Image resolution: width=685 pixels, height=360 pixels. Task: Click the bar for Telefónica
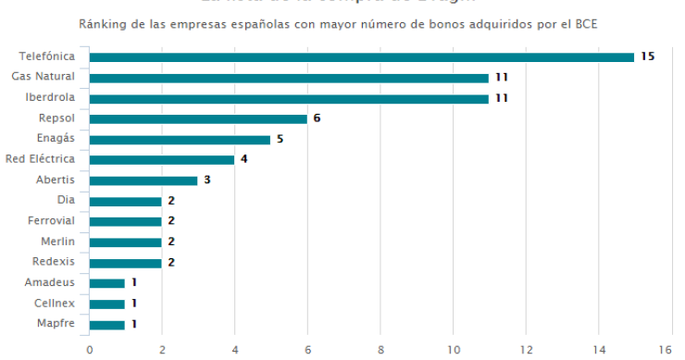pos(361,57)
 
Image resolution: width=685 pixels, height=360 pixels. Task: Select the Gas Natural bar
pos(289,78)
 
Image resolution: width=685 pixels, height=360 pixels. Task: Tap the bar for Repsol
pos(198,118)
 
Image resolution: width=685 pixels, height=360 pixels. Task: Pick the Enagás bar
pos(180,140)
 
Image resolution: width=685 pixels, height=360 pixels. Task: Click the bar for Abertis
pos(143,180)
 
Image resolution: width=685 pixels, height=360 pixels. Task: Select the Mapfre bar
pos(107,325)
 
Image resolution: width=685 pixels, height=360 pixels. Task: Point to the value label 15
pos(647,57)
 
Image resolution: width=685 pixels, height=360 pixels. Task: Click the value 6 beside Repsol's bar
pos(317,118)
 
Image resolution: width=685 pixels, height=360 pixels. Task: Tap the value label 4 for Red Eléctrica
pos(243,159)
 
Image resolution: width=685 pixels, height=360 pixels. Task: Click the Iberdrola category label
pos(56,97)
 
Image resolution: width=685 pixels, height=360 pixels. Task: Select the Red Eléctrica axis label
pos(42,158)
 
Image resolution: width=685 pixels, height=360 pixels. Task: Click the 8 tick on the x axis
pos(380,350)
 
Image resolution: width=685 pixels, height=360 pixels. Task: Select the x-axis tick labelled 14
pos(599,350)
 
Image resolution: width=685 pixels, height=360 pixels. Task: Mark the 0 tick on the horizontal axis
pos(89,350)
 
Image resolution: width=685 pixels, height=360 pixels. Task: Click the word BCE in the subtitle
pos(586,23)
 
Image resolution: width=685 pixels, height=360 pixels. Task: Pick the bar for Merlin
pos(125,242)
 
